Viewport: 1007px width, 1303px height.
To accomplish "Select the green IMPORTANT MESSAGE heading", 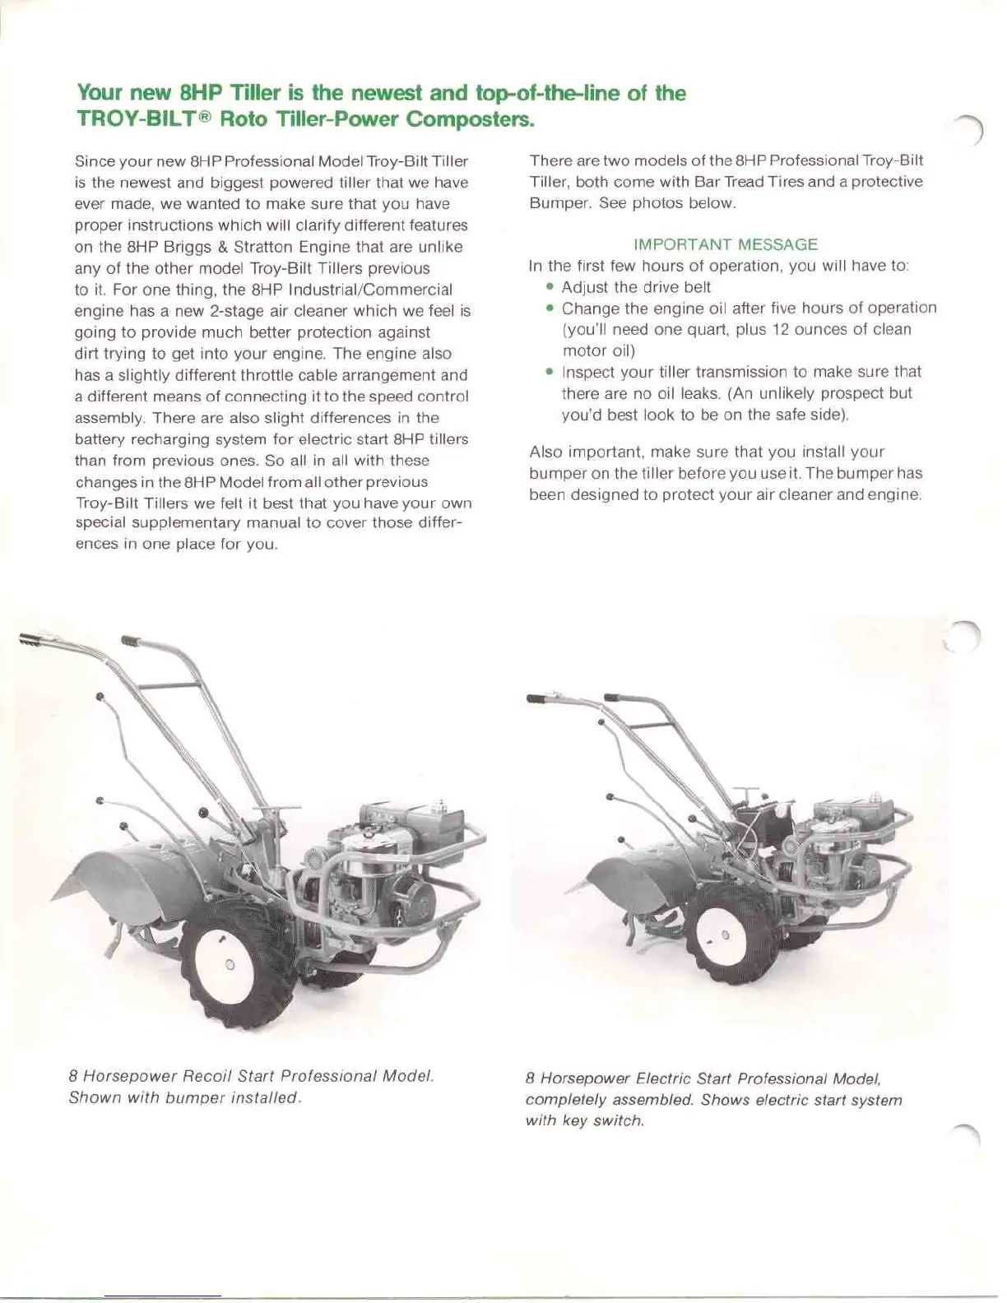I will point(726,244).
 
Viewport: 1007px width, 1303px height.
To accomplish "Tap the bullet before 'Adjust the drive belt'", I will point(550,287).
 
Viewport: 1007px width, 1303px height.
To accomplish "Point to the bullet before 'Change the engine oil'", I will point(550,308).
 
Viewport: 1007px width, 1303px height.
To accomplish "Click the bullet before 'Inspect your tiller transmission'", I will point(550,372).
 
